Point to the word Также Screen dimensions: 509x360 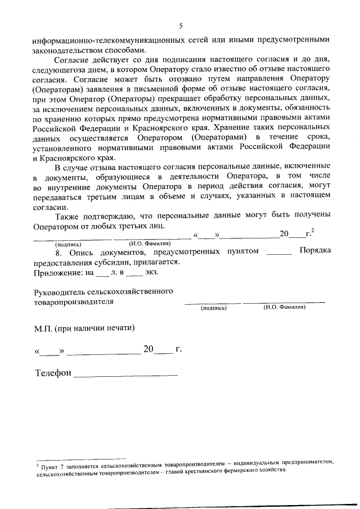pyautogui.click(x=69, y=215)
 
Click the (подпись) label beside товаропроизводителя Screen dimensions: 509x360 pyautogui.click(x=213, y=308)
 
